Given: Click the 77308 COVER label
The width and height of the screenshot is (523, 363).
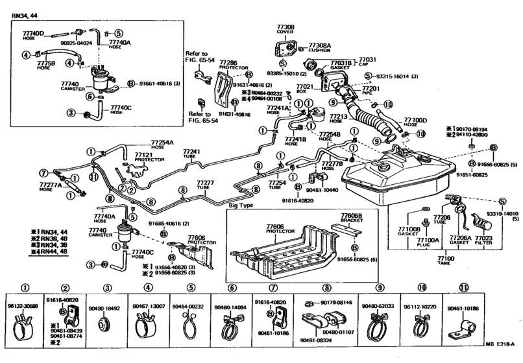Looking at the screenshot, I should click(x=286, y=29).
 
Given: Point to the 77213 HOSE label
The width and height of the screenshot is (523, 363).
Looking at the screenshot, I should click(x=339, y=119).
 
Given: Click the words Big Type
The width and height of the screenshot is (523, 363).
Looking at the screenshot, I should click(x=241, y=205).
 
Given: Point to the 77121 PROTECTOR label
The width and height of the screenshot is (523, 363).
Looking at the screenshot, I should click(x=143, y=158).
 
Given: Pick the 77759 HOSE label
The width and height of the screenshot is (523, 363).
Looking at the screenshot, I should click(x=45, y=65).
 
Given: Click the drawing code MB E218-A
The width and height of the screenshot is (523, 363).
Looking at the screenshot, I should click(x=501, y=355).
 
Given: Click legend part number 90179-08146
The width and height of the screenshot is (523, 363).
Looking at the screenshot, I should click(x=335, y=302).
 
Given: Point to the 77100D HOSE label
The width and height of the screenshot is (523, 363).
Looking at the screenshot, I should click(x=415, y=123).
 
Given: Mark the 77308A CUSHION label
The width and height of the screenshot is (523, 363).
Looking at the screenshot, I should click(x=319, y=49).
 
